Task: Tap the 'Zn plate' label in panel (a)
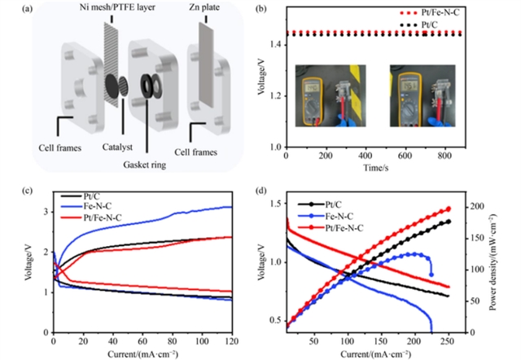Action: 209,12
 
